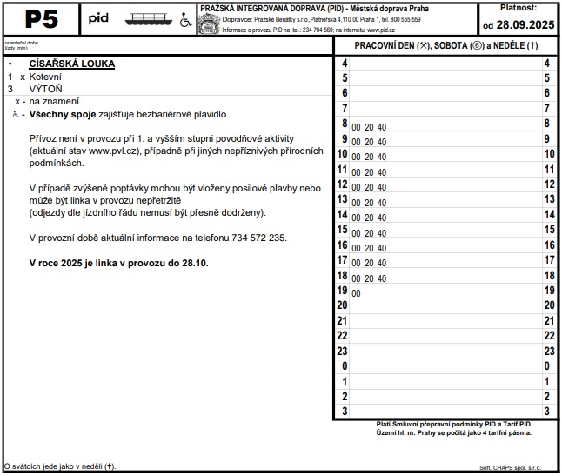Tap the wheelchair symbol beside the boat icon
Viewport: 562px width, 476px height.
(x=185, y=19)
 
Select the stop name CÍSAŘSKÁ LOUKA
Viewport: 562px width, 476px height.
(x=72, y=64)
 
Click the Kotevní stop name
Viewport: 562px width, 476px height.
(x=46, y=77)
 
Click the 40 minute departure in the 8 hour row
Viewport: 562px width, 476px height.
(x=382, y=127)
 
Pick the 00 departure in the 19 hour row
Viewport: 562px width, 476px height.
(x=356, y=294)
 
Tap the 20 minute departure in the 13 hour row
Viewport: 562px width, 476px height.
(x=369, y=203)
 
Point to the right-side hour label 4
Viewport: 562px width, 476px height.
(x=546, y=64)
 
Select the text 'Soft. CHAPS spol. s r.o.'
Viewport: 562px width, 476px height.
(x=511, y=468)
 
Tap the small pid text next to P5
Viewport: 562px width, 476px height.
(x=99, y=17)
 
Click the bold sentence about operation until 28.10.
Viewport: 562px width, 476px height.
(x=119, y=262)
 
